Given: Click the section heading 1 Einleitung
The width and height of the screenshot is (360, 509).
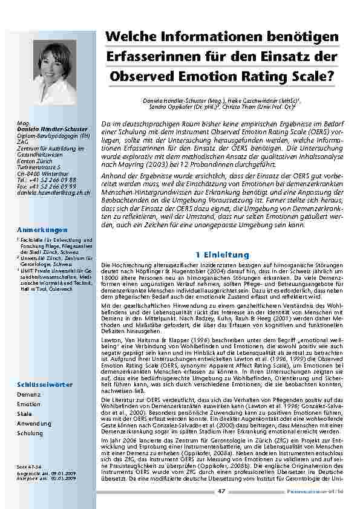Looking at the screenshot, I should [219, 254].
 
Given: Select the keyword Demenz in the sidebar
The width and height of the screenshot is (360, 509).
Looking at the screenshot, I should [29, 394].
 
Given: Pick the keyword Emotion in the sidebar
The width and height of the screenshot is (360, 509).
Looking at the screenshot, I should [30, 404].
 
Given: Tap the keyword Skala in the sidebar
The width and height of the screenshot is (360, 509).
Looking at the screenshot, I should [25, 413].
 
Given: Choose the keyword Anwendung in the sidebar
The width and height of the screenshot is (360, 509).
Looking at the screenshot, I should [34, 423].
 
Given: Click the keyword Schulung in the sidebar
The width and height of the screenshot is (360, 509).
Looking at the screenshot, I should [30, 433].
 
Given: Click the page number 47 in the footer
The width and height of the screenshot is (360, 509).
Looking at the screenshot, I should [221, 491].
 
